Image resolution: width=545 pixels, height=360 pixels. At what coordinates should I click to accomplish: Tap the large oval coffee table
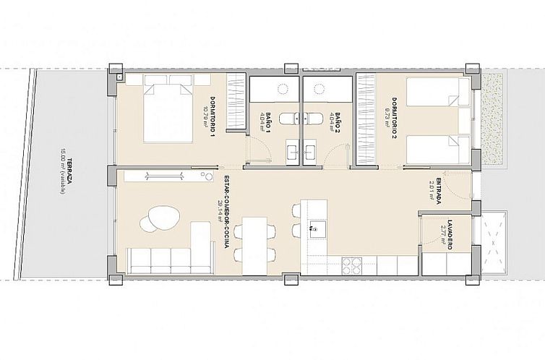tap(163, 216)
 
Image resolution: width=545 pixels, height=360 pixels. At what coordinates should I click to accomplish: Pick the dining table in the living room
tap(254, 245)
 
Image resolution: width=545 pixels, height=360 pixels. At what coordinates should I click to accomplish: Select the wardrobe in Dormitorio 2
tap(366, 119)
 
